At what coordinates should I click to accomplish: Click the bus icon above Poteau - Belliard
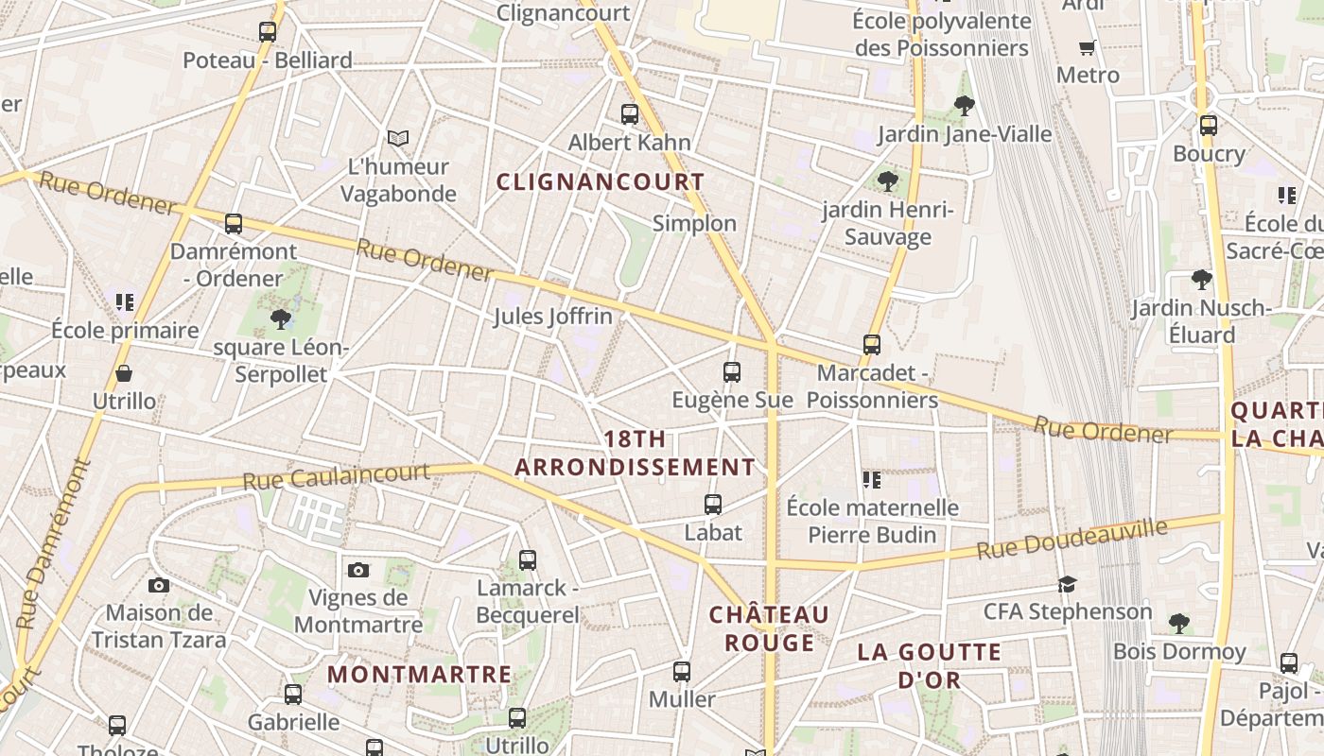point(268,32)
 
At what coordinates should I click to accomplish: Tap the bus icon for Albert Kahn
point(630,114)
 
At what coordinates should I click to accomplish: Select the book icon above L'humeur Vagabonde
point(398,139)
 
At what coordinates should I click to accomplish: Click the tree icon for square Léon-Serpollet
point(281,319)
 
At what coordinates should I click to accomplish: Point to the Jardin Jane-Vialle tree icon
point(965,106)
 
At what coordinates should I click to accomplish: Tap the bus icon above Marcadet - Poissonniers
point(872,345)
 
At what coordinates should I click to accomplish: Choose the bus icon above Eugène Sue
point(732,372)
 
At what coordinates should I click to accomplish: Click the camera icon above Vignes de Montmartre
point(357,570)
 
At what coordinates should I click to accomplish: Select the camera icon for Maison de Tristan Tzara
point(159,586)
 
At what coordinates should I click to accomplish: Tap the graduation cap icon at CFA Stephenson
point(1068,584)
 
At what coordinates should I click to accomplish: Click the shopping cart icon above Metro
point(1088,47)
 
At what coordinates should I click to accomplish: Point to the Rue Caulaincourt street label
point(337,475)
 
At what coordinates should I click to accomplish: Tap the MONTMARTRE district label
point(420,675)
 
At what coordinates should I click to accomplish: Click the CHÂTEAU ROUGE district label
point(769,628)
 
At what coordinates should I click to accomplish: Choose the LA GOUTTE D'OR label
point(929,665)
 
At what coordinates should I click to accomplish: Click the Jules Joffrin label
point(553,316)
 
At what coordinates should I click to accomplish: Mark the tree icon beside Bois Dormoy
point(1178,624)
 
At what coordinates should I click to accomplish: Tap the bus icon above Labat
point(713,505)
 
